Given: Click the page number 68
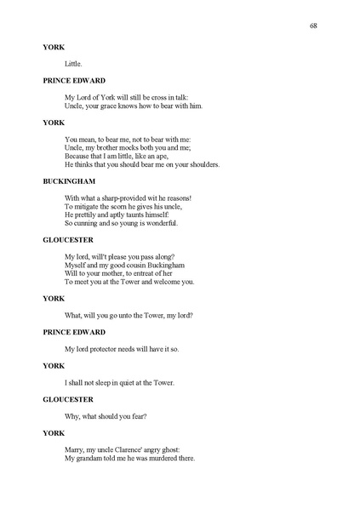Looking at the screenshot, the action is tap(314, 26).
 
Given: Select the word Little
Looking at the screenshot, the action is tap(74, 63).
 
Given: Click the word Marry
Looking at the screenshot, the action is tap(76, 449).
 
